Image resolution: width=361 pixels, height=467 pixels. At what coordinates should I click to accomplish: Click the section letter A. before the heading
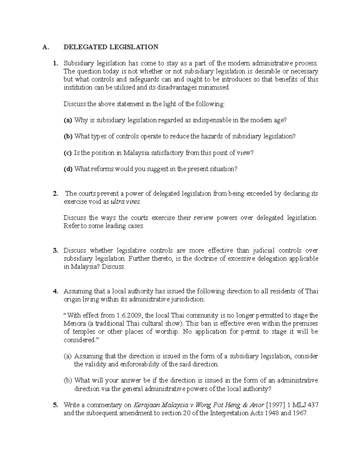(45, 47)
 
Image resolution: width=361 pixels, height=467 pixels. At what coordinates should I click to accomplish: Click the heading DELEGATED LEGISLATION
(111, 47)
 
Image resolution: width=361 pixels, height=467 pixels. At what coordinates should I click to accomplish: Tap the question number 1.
(55, 63)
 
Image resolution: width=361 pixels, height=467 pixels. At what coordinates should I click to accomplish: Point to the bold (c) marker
(68, 153)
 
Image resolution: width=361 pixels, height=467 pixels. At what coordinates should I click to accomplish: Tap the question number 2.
(55, 194)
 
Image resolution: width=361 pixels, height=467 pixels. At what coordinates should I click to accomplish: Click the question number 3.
(55, 250)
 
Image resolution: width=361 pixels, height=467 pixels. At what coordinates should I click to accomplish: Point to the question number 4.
(55, 291)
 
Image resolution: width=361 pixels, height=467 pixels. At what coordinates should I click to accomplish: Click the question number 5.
(55, 405)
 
